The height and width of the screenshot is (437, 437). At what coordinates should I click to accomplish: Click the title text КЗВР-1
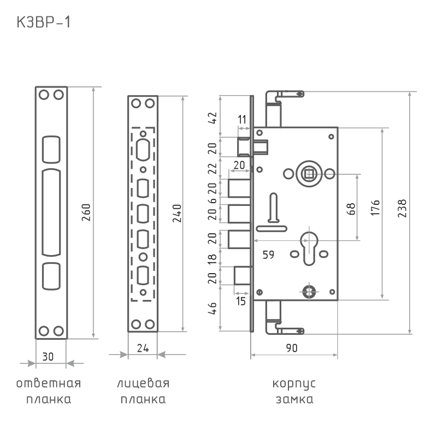44,22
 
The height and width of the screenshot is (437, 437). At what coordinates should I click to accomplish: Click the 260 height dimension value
86,212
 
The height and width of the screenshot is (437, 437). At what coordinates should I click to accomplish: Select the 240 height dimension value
176,214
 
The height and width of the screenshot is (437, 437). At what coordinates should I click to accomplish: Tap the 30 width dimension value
48,357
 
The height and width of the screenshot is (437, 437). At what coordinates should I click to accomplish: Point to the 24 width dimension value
143,348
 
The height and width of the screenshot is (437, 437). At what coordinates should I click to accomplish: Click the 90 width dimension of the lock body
292,348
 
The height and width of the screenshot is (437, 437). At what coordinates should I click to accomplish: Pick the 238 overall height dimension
402,209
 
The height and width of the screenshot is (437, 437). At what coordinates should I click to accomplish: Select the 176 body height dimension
375,208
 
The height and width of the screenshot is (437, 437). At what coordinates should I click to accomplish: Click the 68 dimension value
351,209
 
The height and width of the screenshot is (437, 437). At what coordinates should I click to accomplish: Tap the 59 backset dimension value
268,255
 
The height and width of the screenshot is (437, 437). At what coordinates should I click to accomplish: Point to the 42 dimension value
212,118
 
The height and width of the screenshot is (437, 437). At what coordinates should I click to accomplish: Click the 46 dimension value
212,308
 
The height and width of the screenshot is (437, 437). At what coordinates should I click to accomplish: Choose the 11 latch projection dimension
242,120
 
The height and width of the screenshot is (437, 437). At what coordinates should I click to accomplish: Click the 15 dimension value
241,302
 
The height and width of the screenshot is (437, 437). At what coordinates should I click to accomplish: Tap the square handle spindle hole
309,174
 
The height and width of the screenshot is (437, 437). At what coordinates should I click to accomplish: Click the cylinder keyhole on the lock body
309,248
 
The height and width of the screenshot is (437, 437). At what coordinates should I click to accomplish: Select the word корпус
294,384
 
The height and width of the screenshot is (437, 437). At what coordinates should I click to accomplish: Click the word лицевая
143,383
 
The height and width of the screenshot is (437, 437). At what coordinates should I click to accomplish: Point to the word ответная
49,383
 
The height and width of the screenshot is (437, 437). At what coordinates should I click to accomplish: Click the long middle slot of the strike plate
51,212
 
